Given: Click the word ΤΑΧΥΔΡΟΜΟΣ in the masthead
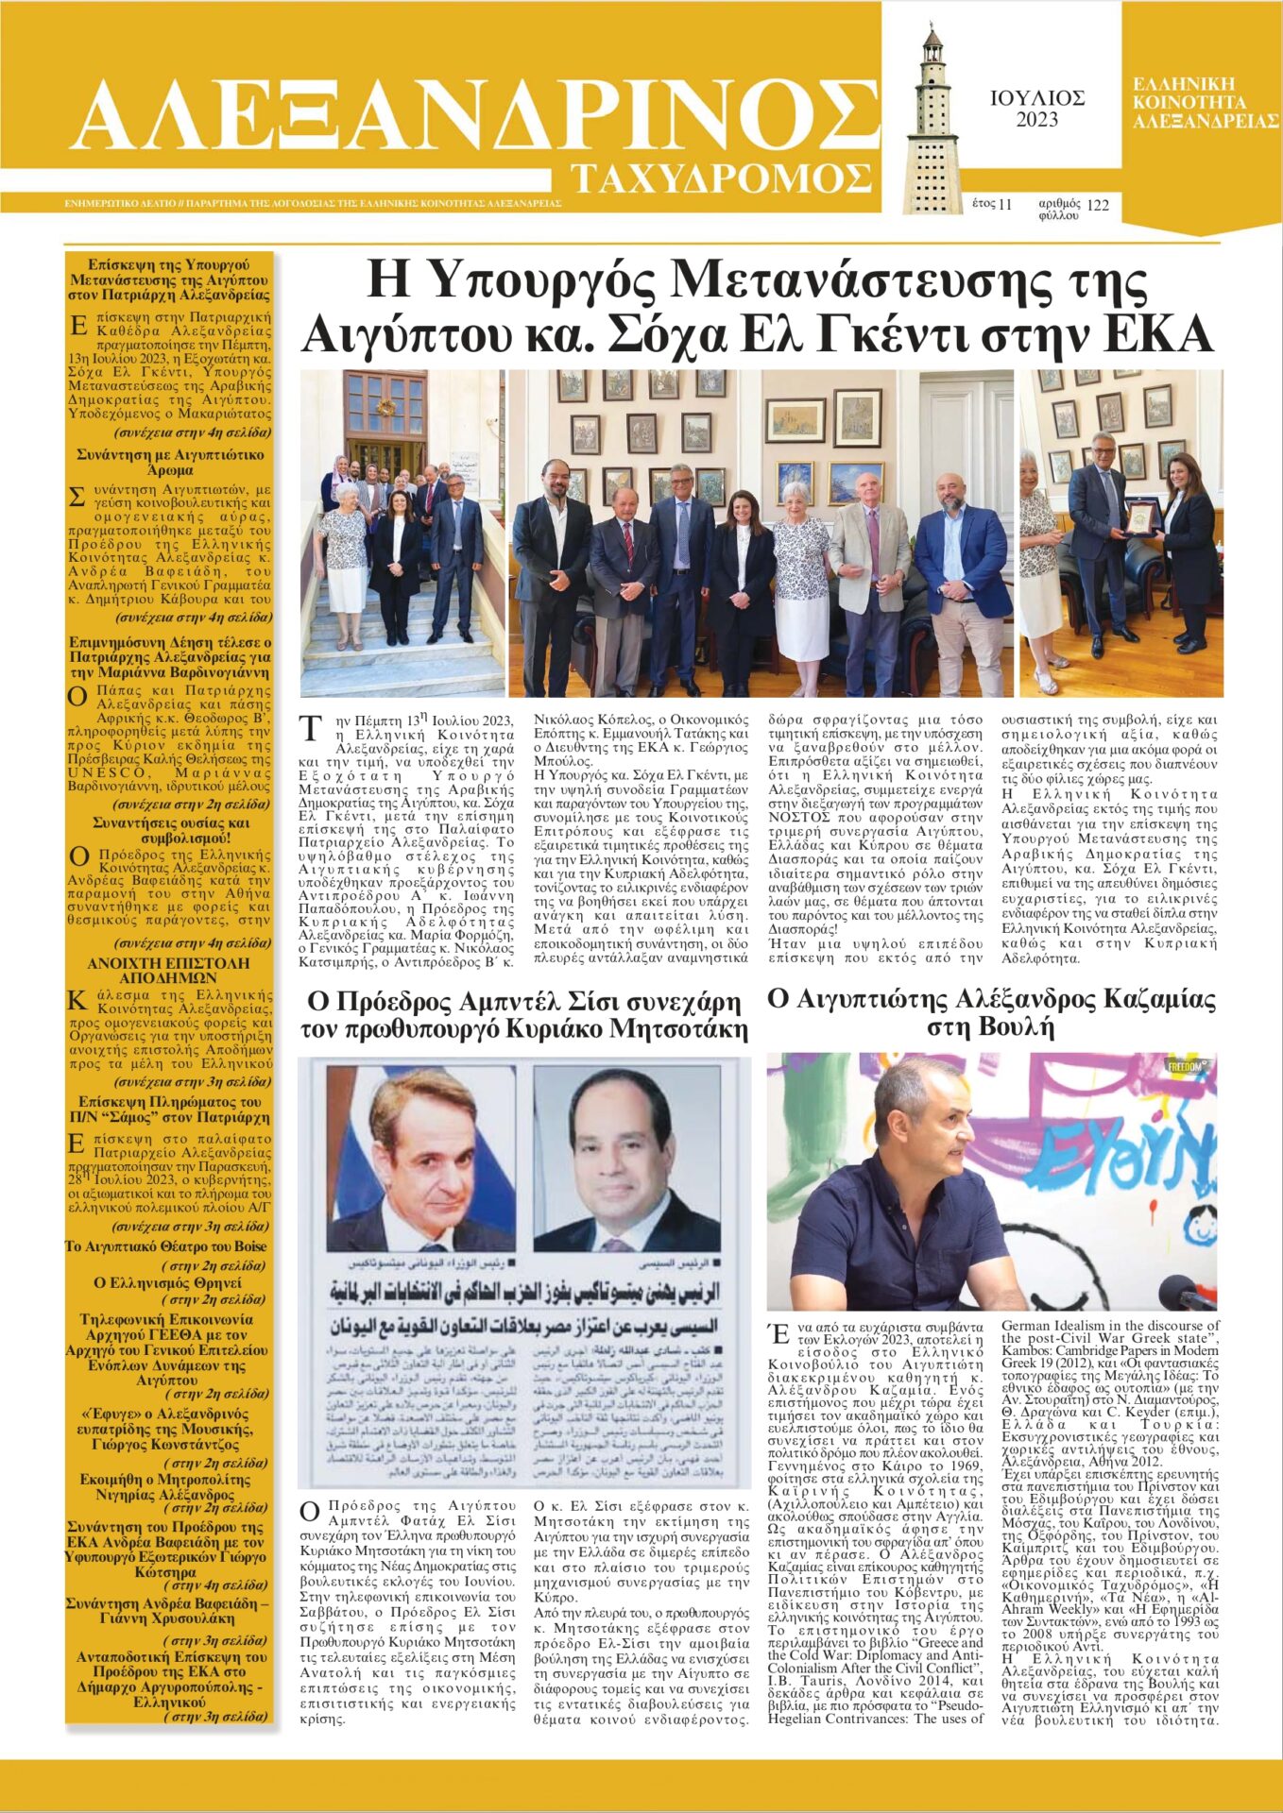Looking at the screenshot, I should coord(722,178).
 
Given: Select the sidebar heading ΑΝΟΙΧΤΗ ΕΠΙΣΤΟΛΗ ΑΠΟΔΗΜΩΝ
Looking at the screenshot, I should coord(169,970).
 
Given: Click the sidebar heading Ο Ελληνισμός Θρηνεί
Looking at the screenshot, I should coord(167,1282).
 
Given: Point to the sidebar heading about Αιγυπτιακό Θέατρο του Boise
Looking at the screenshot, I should coord(166,1246).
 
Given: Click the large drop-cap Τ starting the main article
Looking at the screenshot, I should coord(311,729).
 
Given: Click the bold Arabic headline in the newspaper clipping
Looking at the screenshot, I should coord(524,1292).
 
